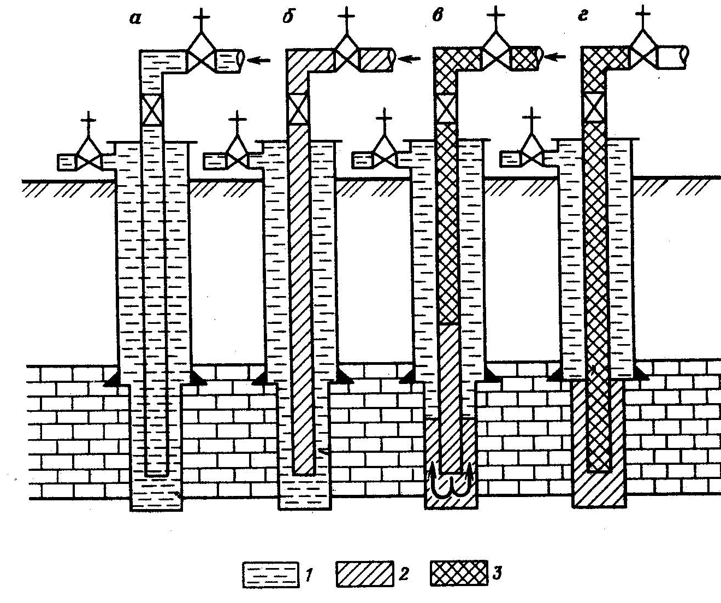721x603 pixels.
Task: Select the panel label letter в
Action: click(436, 16)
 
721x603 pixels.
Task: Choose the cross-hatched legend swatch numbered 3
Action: click(458, 575)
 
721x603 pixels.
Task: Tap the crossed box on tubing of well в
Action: click(446, 108)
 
